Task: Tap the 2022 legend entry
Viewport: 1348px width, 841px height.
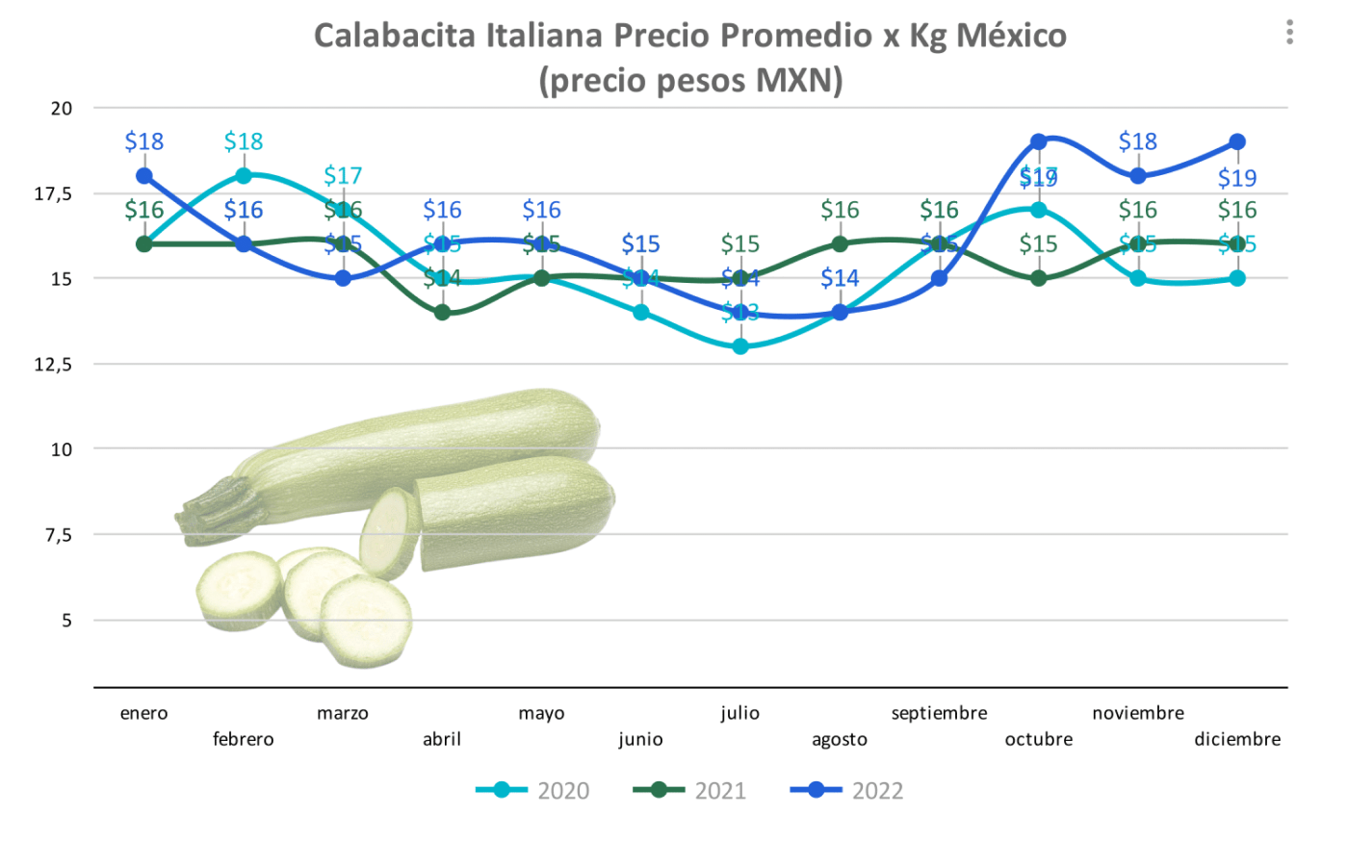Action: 846,791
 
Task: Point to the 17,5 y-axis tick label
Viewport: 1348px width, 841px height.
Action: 54,194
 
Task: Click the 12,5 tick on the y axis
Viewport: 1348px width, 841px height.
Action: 54,365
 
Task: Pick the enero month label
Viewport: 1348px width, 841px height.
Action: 143,713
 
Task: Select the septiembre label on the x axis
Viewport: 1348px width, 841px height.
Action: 939,713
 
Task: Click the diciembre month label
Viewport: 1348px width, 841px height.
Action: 1237,739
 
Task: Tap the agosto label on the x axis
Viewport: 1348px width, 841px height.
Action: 840,739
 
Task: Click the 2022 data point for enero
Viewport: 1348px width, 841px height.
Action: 144,176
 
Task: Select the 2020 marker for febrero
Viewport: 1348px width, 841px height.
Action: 244,176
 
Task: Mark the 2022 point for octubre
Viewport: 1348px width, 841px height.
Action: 1039,142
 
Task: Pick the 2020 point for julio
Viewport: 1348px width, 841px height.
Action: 740,346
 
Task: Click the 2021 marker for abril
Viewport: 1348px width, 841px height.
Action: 442,313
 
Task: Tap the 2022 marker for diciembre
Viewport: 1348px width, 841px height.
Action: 1237,142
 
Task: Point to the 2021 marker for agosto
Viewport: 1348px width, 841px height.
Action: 840,244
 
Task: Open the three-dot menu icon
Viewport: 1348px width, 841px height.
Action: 1289,33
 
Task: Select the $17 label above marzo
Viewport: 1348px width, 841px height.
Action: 343,176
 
